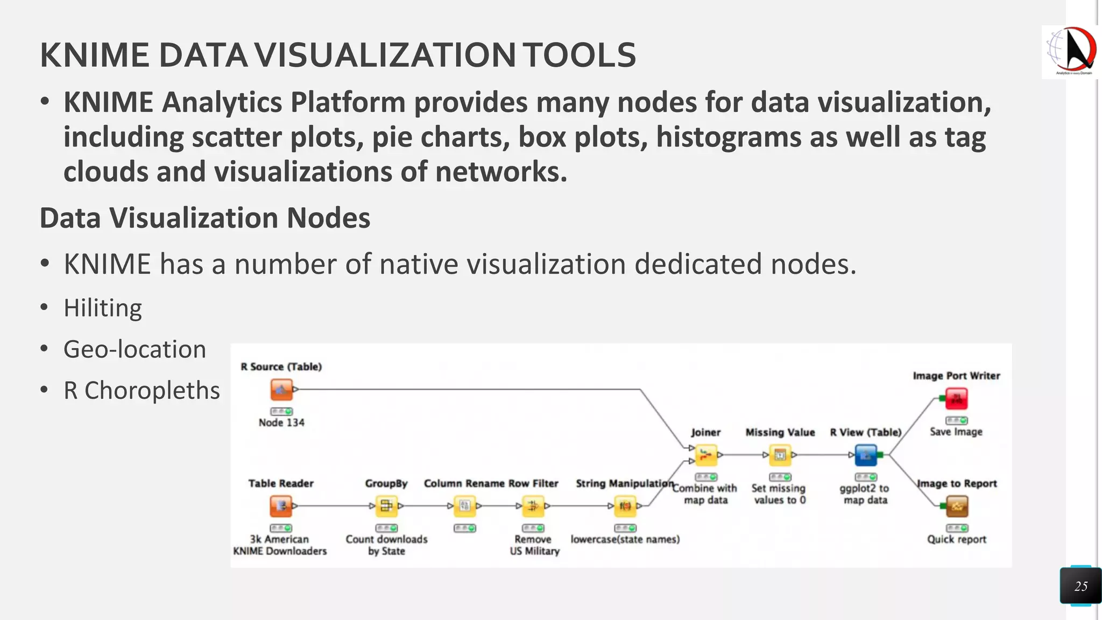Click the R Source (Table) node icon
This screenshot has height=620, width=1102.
point(281,390)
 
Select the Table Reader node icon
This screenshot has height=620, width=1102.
point(281,506)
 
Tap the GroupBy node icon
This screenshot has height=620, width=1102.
point(386,506)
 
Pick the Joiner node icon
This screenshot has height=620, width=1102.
point(706,455)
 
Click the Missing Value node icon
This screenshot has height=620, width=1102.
point(780,455)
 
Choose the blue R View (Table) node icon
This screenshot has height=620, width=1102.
point(866,455)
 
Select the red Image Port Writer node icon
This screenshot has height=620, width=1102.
point(956,399)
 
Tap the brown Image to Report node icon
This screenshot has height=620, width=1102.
point(956,506)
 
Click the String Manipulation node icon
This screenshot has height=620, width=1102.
point(625,506)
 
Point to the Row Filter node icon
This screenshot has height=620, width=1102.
point(533,506)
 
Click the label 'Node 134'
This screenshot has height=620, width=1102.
point(281,422)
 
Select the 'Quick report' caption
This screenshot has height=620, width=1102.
point(956,539)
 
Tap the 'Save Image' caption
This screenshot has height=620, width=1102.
point(956,432)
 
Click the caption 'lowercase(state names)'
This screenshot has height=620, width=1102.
point(625,539)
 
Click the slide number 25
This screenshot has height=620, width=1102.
point(1080,586)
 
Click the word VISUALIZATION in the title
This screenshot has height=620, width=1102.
point(385,55)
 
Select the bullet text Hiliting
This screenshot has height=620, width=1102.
point(103,308)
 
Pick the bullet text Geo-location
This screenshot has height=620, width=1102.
point(135,349)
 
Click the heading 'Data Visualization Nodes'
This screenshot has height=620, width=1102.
point(205,218)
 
